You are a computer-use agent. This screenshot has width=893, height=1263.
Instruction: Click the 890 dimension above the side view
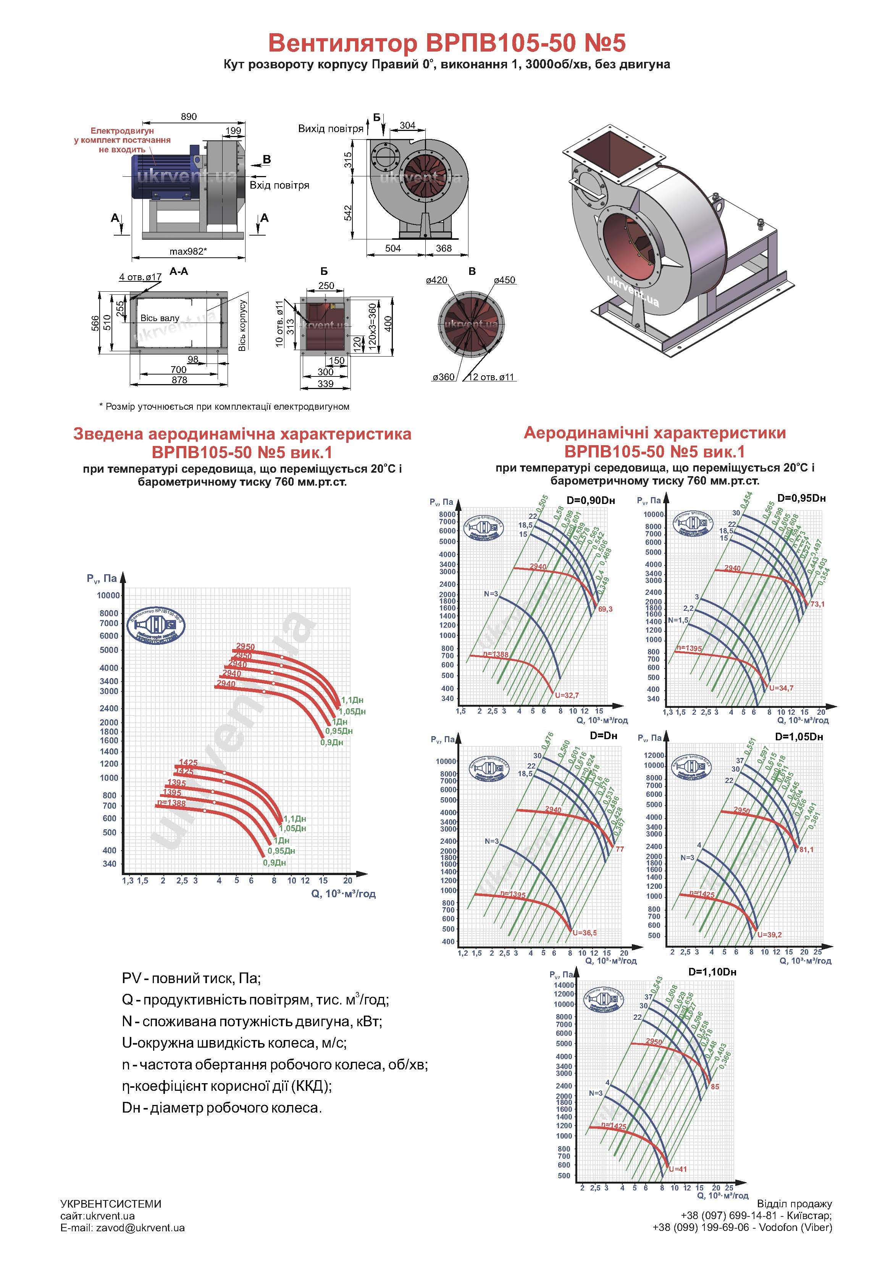click(189, 116)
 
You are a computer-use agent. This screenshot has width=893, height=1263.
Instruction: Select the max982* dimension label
click(188, 251)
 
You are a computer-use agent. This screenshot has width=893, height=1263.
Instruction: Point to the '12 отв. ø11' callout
click(490, 377)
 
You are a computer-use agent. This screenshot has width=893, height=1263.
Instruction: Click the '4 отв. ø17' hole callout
click(140, 277)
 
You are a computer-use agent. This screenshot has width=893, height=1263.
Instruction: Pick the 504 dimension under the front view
click(393, 248)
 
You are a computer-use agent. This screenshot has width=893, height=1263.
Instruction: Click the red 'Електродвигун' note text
click(122, 131)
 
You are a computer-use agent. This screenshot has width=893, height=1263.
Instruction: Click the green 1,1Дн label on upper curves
click(352, 700)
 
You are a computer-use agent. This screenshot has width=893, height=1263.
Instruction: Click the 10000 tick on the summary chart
click(108, 595)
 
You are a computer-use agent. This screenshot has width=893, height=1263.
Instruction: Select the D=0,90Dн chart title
click(590, 500)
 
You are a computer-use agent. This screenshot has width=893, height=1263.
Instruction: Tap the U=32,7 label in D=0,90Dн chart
click(567, 695)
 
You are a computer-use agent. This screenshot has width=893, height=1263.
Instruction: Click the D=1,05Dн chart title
click(799, 736)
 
